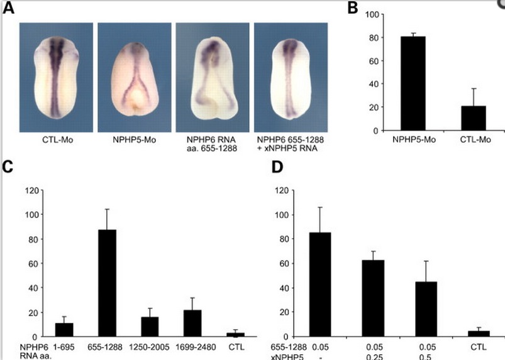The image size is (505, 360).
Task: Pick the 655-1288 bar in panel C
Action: [108, 283]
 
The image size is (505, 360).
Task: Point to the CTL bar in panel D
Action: [479, 334]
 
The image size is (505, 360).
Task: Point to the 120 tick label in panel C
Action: [31, 190]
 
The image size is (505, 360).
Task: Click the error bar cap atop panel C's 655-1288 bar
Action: [108, 209]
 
